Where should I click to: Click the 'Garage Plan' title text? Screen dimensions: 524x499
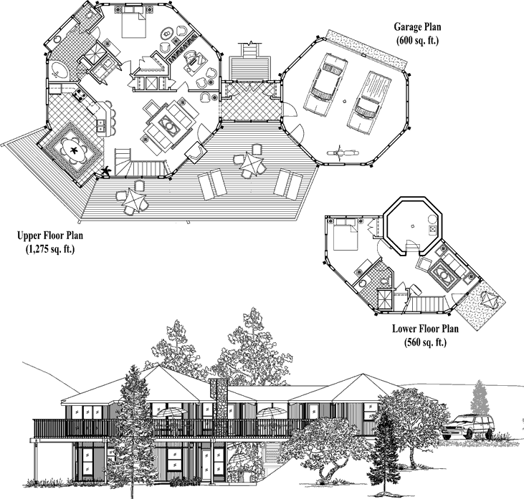tap(417, 26)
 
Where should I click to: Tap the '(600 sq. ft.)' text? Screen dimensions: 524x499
tap(417, 40)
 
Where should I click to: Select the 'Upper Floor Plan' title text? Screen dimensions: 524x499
tap(50, 236)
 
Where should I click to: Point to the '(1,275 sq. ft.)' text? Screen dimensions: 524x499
tap(50, 249)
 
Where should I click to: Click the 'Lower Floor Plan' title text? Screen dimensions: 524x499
tap(425, 329)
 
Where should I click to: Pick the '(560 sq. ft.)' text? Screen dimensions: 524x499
tap(425, 342)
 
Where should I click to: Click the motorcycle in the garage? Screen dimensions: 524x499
tap(341, 153)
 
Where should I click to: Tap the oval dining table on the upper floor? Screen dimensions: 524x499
tap(73, 150)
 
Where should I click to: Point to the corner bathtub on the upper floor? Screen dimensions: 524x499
tap(59, 70)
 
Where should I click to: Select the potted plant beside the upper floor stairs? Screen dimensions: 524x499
tap(107, 171)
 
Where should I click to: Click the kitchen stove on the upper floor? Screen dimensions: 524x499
tap(79, 95)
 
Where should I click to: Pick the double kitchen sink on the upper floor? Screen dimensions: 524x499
tap(101, 125)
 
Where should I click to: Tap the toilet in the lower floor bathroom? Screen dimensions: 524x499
tap(386, 281)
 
